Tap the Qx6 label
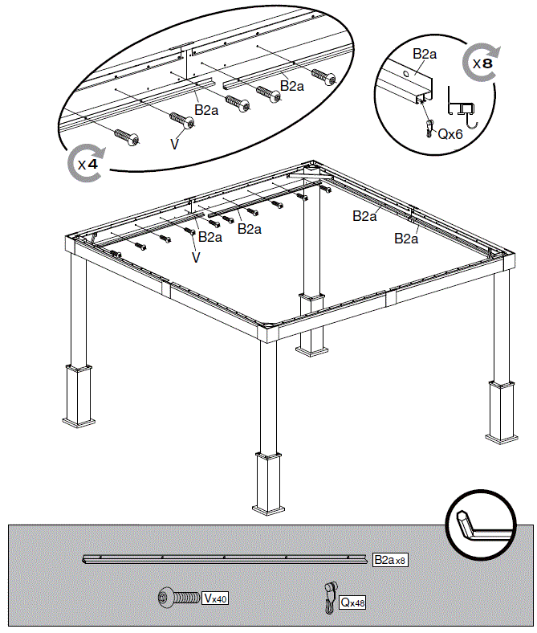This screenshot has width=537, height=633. click(x=450, y=134)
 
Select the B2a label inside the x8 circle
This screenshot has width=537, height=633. click(x=425, y=54)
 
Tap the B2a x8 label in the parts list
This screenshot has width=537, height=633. click(x=390, y=559)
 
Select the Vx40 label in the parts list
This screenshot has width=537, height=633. click(x=215, y=598)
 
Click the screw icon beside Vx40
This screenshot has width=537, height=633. click(x=178, y=598)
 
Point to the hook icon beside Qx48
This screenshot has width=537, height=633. click(x=330, y=599)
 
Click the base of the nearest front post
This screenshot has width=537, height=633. click(x=269, y=483)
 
